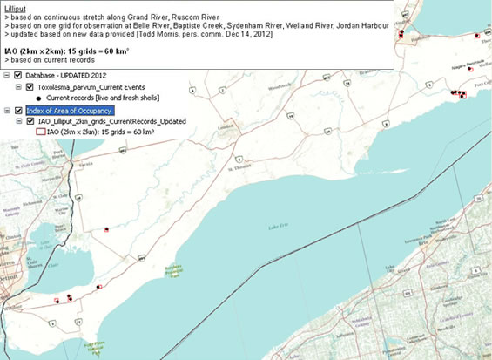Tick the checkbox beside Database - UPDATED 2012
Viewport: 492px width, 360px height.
[x=18, y=76]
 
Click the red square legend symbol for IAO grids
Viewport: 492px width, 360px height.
[x=39, y=132]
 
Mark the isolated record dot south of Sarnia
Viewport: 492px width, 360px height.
[x=105, y=229]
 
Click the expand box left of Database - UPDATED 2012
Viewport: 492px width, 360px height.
[x=7, y=76]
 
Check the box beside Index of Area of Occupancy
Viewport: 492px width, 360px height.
[x=18, y=111]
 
